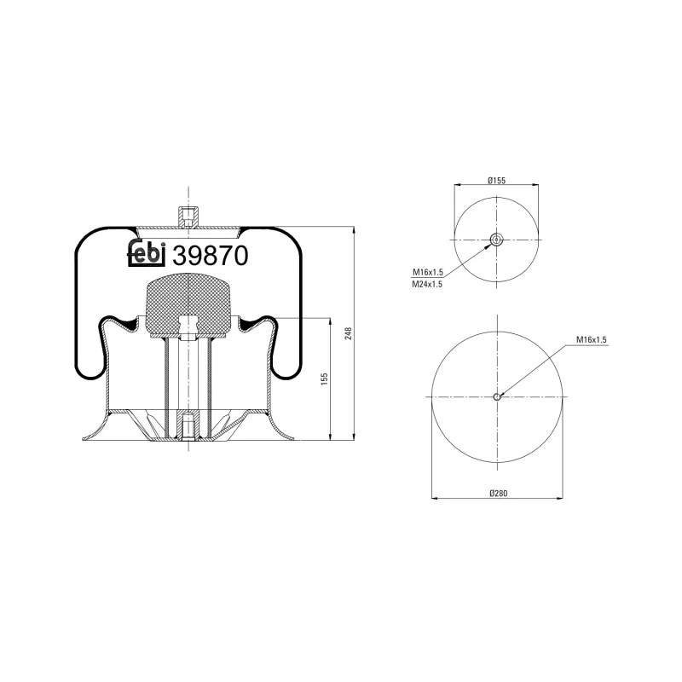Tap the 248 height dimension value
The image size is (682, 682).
[x=348, y=333]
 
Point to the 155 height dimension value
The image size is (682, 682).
[x=324, y=379]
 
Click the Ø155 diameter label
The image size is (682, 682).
[x=497, y=180]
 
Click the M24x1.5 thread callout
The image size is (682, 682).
[x=427, y=284]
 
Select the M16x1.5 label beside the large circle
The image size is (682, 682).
[x=590, y=339]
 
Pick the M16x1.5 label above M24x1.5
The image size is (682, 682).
[x=427, y=272]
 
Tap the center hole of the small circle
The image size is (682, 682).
[x=497, y=240]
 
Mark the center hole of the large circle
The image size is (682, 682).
[x=498, y=396]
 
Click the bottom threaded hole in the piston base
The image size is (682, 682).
[x=188, y=423]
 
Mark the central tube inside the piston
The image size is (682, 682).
[x=188, y=375]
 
